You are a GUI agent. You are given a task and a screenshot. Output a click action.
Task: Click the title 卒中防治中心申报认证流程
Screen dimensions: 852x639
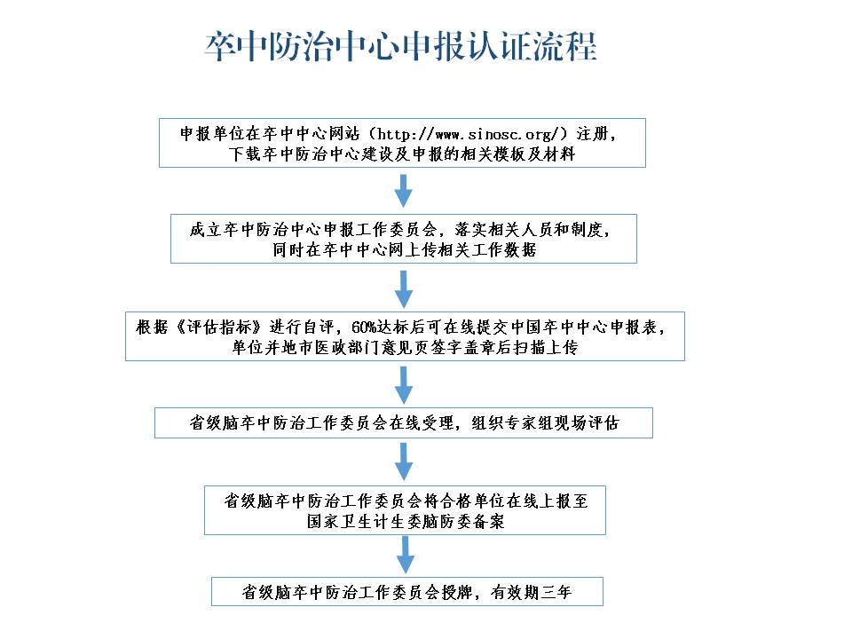[x=401, y=45]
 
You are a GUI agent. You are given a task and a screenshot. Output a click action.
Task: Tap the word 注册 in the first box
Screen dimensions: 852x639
[x=592, y=134]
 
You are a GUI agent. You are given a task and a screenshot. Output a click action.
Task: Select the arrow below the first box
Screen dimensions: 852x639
[x=403, y=191]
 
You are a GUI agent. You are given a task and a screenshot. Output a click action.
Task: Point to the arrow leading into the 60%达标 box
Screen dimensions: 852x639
[x=403, y=289]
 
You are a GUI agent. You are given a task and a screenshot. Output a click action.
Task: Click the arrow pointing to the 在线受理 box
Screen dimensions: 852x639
[x=403, y=385]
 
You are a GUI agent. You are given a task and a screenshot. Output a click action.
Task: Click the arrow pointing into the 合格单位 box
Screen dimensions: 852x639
[x=403, y=461]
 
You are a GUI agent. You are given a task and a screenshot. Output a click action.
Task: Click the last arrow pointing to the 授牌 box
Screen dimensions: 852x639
[x=406, y=555]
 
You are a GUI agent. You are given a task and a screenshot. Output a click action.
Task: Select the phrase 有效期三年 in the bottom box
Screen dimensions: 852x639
[x=531, y=592]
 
